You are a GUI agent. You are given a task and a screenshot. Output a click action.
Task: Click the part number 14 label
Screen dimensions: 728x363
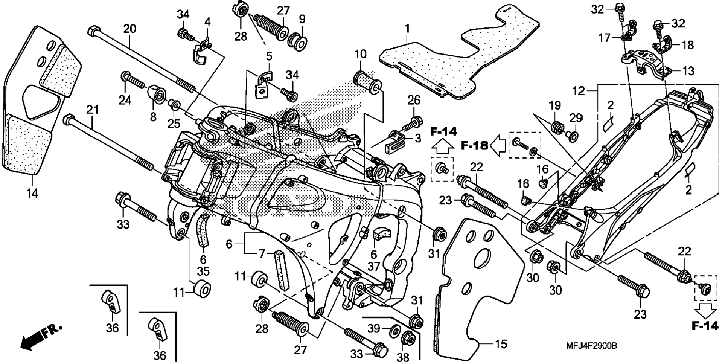click(32, 194)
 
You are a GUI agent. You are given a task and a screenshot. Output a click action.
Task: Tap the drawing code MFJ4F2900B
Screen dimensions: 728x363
click(591, 346)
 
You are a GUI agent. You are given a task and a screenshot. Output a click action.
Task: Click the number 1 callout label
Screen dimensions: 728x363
click(407, 29)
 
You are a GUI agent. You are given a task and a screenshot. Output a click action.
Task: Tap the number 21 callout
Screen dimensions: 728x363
click(93, 110)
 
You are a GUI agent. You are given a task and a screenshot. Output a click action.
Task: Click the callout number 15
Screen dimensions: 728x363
click(501, 344)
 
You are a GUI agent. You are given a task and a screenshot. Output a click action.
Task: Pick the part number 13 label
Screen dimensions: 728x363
click(688, 71)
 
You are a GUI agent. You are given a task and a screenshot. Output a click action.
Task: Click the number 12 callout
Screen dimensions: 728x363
click(579, 91)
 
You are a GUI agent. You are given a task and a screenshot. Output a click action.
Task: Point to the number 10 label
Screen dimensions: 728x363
click(360, 54)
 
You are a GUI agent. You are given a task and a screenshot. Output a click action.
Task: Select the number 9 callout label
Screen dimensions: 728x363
click(302, 19)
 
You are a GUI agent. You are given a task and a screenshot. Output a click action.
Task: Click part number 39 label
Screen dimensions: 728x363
click(374, 329)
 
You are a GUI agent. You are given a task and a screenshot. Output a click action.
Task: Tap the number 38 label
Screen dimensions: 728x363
click(403, 356)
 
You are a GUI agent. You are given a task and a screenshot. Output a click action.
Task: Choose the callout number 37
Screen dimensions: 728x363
click(374, 267)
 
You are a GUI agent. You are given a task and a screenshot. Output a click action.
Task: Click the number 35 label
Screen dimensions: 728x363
click(203, 271)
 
